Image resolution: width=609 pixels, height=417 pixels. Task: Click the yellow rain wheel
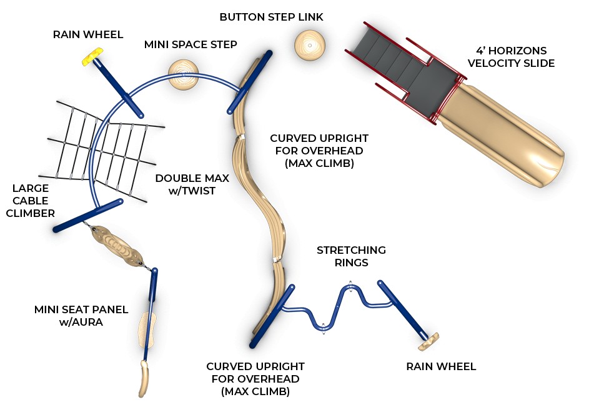pyautogui.click(x=92, y=58)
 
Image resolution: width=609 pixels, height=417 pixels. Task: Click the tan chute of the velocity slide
pyautogui.click(x=506, y=132)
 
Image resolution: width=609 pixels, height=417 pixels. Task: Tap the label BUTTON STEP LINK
pyautogui.click(x=271, y=18)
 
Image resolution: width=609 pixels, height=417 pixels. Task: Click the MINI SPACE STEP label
pyautogui.click(x=191, y=44)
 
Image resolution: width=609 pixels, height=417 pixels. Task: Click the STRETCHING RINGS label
pyautogui.click(x=351, y=256)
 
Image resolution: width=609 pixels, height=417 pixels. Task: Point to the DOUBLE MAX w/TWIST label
pyautogui.click(x=192, y=184)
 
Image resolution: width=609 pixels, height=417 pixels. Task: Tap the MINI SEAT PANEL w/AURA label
pyautogui.click(x=81, y=315)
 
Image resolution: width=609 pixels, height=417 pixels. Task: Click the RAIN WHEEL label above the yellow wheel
pyautogui.click(x=88, y=34)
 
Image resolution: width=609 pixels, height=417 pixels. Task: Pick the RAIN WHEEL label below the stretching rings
pyautogui.click(x=441, y=366)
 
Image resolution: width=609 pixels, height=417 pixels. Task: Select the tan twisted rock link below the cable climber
pyautogui.click(x=121, y=248)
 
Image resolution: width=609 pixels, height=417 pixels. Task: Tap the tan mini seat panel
pyautogui.click(x=146, y=329)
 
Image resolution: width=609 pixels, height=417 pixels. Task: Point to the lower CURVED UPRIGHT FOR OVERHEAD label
pyautogui.click(x=255, y=379)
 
